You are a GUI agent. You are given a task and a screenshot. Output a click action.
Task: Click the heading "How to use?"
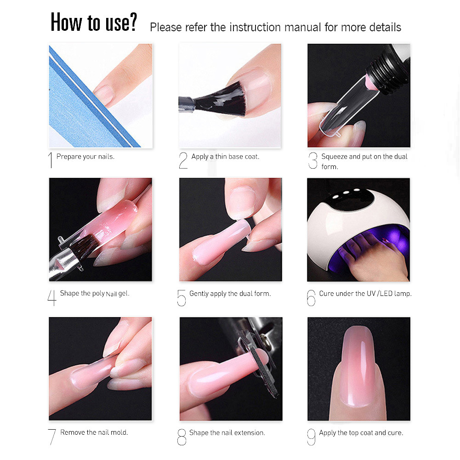pos(94,22)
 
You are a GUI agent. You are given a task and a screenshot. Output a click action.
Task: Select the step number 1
pos(51,160)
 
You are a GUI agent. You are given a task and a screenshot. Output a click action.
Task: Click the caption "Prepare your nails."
pos(85,157)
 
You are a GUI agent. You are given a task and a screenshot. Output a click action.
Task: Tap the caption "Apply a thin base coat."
pos(225,157)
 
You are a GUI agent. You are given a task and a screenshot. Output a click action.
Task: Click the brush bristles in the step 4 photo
pos(85,243)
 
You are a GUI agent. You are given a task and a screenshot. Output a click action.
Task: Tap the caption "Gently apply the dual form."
pos(230,294)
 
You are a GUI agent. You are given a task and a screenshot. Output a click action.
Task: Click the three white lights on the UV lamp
pos(346,193)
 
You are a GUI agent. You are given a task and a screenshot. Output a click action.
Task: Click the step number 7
pos(52,437)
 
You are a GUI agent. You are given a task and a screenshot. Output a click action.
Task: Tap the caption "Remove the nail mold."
pos(94,432)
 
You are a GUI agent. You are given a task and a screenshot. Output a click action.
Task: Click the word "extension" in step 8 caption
pos(250,433)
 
